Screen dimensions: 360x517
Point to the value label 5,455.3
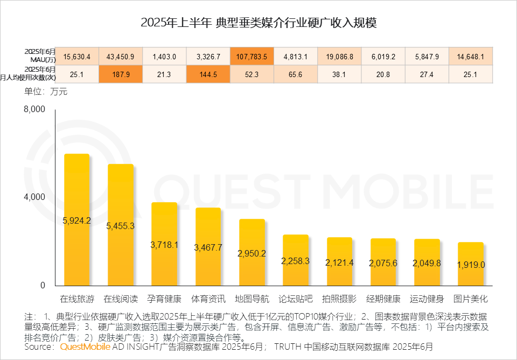point(121,226)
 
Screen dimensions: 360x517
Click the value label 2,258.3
point(296,260)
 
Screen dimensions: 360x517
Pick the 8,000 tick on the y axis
point(34,110)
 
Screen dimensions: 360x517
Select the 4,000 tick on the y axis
point(34,197)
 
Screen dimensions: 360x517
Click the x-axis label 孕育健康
point(164,299)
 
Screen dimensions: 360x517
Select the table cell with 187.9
point(121,74)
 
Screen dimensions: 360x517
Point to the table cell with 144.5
point(208,74)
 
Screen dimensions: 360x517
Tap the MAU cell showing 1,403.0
point(164,56)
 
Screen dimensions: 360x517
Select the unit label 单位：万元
point(46,92)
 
